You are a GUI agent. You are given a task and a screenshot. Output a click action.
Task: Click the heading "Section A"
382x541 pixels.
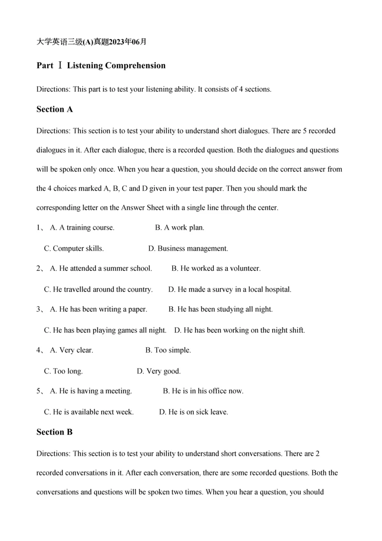54,109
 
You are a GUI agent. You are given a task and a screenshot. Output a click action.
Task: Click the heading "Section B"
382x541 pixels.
54,432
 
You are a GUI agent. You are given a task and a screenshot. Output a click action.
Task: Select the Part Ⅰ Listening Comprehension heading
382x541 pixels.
101,66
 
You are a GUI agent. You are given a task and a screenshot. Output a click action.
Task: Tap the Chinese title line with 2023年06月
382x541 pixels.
91,42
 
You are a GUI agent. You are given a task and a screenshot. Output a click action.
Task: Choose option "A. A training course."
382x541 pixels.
82,228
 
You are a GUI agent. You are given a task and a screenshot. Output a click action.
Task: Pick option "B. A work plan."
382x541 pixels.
180,228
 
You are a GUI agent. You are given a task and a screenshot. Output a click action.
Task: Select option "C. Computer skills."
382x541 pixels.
74,249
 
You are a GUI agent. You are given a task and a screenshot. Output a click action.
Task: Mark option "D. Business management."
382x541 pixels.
188,249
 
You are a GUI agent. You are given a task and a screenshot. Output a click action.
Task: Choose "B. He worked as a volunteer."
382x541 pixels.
216,269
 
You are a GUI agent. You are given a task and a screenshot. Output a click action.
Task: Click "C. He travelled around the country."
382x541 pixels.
98,289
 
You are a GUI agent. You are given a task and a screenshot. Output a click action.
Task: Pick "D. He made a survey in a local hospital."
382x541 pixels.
230,289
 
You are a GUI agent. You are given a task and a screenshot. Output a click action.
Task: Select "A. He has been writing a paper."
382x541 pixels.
98,309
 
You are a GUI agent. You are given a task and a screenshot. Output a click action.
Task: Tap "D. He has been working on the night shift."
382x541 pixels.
239,330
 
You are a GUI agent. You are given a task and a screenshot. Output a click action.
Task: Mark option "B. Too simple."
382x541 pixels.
168,351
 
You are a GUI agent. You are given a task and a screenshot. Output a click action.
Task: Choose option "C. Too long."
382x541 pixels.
63,371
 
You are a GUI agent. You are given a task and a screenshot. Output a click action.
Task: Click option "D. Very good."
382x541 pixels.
159,371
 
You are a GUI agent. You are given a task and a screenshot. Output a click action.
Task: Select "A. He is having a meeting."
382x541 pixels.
91,391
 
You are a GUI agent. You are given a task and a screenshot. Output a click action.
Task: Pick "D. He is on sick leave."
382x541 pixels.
193,412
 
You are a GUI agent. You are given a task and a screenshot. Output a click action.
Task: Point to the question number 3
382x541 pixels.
39,309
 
